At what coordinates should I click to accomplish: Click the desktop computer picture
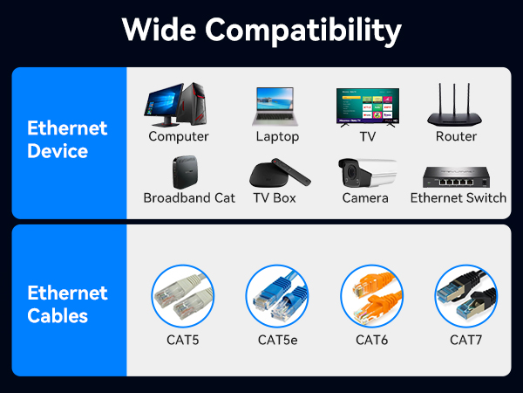176,105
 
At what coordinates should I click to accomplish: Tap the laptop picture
277,107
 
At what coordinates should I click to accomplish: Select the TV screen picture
367,106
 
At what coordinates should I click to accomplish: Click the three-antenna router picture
456,107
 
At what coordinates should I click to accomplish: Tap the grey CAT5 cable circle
183,296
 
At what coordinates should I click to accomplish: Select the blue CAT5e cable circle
277,296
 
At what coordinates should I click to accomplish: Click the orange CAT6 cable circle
372,296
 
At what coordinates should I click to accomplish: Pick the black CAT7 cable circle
465,296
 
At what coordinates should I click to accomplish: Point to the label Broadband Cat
189,198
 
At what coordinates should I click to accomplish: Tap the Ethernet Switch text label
458,198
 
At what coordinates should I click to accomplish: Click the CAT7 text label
465,339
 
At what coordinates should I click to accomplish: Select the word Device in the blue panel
58,151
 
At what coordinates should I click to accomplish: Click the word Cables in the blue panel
58,316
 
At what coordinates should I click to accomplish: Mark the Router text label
456,136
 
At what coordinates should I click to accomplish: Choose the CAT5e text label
277,339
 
